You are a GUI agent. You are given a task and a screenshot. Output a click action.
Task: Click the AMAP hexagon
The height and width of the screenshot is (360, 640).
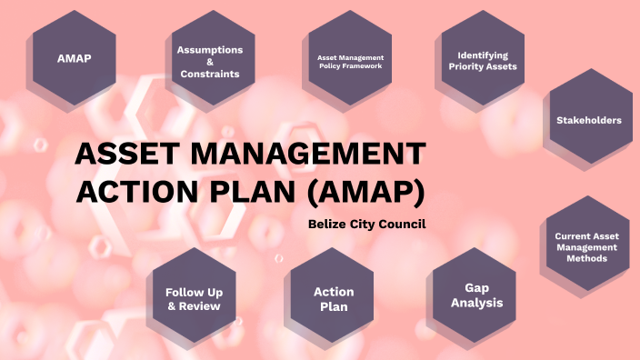pyautogui.click(x=74, y=57)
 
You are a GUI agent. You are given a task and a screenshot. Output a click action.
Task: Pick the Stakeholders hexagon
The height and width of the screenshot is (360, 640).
pyautogui.click(x=589, y=119)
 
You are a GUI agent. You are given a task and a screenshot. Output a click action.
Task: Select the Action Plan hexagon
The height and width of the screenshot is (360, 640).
pyautogui.click(x=334, y=298)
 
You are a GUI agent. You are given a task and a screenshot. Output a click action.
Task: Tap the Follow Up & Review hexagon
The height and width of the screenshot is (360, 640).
pyautogui.click(x=194, y=298)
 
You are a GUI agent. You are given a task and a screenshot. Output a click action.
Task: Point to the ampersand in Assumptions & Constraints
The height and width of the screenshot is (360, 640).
pyautogui.click(x=209, y=62)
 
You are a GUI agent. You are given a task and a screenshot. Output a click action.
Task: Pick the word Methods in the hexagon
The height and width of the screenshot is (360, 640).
pyautogui.click(x=586, y=258)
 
